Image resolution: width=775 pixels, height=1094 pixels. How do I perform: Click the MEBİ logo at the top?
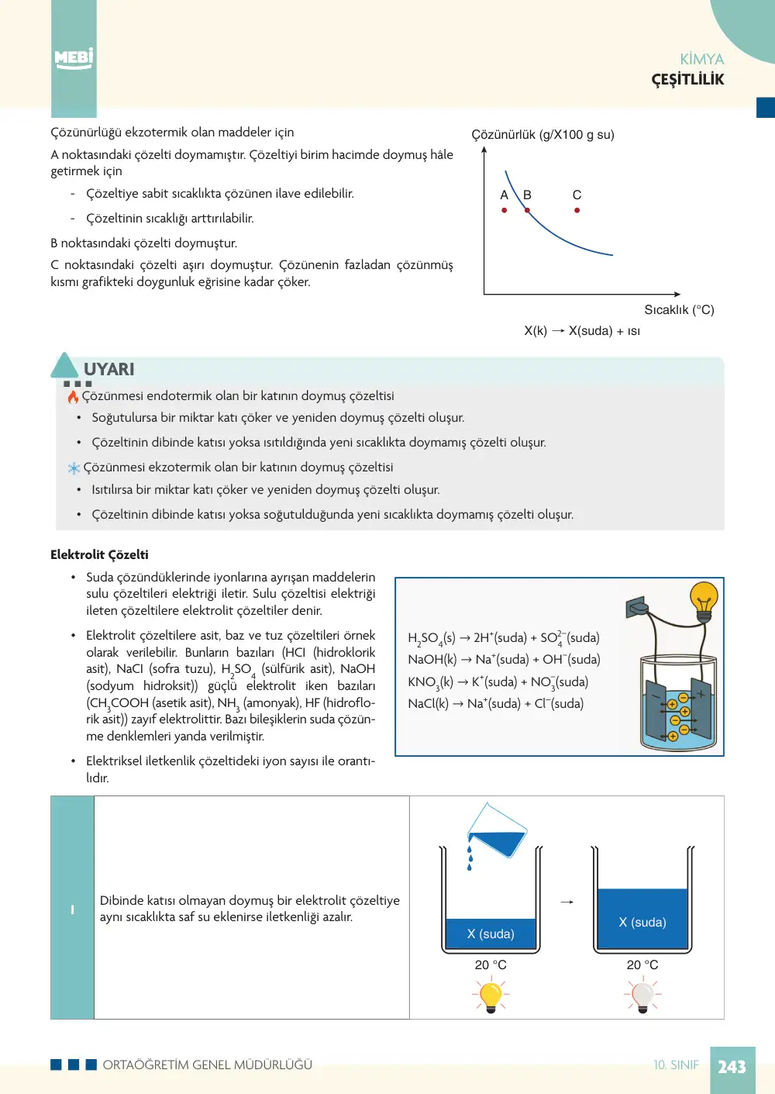(74, 59)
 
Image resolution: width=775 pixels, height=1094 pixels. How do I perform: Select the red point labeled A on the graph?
(505, 210)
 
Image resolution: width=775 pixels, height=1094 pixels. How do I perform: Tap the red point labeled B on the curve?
(527, 210)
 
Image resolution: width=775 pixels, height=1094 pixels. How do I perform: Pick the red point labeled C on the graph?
(577, 210)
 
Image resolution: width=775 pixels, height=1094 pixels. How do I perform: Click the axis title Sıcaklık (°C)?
(679, 309)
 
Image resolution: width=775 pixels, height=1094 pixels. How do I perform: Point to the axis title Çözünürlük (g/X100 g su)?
(542, 135)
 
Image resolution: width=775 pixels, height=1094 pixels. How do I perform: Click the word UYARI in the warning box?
(108, 369)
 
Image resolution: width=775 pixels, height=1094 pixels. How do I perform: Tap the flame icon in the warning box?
(73, 396)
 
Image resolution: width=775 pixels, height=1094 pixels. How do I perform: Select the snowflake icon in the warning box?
(74, 468)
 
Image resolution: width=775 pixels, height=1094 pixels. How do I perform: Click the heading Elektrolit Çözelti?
(99, 554)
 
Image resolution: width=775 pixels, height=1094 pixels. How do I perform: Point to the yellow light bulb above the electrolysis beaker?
(704, 601)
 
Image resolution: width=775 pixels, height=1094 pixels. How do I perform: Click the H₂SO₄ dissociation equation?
(504, 638)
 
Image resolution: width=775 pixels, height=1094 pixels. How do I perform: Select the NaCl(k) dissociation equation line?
(496, 703)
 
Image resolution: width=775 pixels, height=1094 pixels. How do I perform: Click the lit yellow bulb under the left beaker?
(491, 994)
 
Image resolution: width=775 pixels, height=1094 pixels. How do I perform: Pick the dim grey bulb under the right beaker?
(642, 994)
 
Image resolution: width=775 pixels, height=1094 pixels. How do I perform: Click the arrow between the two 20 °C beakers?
(567, 902)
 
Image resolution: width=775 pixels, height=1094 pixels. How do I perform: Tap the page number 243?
(732, 1067)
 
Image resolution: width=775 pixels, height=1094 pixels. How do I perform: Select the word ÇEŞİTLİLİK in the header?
(687, 80)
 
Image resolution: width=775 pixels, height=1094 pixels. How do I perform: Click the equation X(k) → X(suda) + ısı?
(582, 331)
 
